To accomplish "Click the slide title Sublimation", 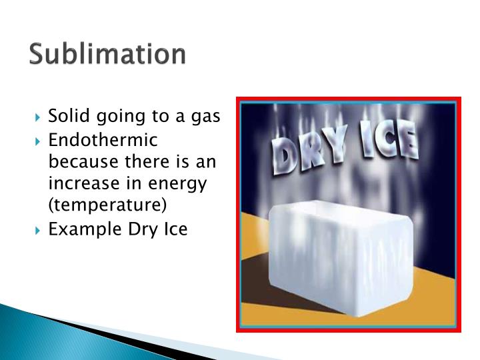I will point(107,55).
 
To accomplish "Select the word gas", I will point(206,118).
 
